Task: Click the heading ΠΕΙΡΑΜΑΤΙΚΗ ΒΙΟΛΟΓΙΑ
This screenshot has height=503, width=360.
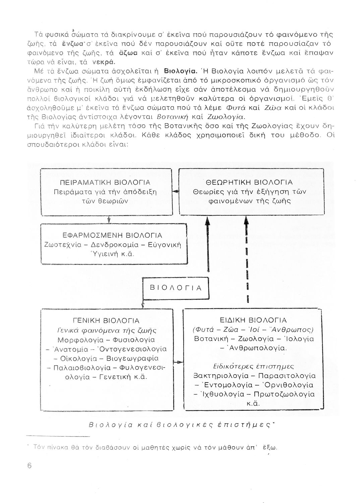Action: coord(105,183)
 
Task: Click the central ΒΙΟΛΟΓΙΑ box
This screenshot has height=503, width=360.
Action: coord(176,288)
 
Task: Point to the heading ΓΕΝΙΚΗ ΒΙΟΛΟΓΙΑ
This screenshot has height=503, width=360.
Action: coord(106,321)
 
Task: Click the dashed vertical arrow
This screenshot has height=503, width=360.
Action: coord(247,262)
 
